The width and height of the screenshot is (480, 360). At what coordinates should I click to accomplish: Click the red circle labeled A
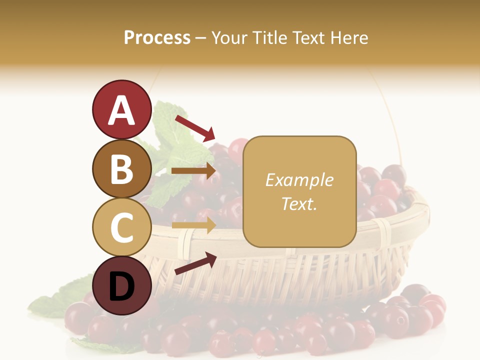(121, 109)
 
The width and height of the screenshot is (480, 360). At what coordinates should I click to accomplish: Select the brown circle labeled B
(121, 168)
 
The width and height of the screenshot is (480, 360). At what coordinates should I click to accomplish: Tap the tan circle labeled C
(121, 227)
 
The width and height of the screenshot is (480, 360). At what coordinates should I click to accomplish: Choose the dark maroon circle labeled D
(121, 285)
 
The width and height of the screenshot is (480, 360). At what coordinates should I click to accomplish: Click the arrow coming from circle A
(194, 128)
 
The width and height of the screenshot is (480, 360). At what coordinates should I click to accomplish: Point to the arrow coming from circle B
(194, 171)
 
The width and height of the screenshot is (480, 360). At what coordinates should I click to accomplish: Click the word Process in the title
(157, 38)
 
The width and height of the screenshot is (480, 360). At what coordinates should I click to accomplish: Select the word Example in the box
(299, 180)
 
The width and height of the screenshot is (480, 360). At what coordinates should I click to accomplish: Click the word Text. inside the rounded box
(299, 203)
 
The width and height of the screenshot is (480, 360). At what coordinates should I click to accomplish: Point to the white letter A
(121, 110)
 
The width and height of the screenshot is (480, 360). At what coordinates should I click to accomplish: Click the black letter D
(121, 286)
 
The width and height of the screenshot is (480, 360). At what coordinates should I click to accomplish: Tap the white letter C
(121, 227)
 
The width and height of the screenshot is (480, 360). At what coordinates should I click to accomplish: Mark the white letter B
(121, 169)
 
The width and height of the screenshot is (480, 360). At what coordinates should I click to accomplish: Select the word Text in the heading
(308, 38)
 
